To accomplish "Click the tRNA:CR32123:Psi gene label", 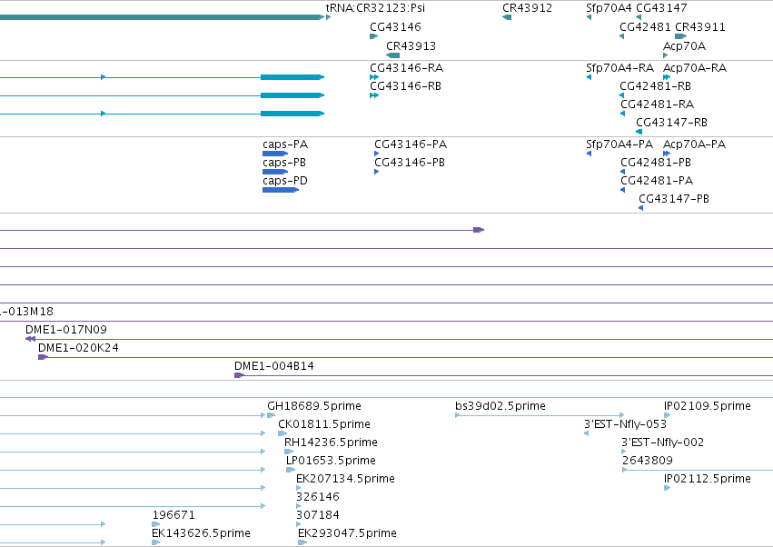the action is tap(375, 8).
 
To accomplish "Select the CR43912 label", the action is tap(527, 8).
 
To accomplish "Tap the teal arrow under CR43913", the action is tap(393, 55).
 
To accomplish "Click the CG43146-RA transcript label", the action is tap(406, 67).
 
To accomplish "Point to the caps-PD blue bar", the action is tap(281, 190).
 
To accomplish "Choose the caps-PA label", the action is tap(285, 144).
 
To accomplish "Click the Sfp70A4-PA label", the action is tap(619, 144).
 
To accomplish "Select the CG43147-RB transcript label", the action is tap(671, 123).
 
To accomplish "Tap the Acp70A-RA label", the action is tap(695, 67).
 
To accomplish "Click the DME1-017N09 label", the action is tap(66, 330).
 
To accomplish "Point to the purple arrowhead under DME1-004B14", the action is tap(239, 375).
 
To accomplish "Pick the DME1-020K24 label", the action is tap(78, 348).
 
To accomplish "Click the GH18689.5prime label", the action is tap(314, 406).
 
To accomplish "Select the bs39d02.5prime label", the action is tap(500, 406).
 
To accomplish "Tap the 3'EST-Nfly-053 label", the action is tap(625, 424).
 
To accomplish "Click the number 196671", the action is tap(173, 515).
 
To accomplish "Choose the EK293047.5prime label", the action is tap(347, 533).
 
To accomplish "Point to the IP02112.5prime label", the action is tap(707, 479).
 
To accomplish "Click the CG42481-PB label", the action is tap(656, 163).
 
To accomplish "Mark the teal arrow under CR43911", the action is tap(681, 36).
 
